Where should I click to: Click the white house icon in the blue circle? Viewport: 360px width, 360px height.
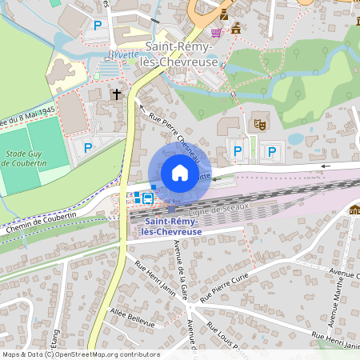tap(180, 173)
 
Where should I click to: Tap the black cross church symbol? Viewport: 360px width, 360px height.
tap(116, 94)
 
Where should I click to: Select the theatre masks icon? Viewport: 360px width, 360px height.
tap(258, 124)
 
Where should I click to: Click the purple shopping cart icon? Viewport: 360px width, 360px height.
tap(216, 33)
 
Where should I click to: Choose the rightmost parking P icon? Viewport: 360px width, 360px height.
tap(272, 150)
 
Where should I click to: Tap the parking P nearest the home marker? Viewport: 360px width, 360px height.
tap(237, 150)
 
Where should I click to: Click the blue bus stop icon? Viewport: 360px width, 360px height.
tap(149, 198)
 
